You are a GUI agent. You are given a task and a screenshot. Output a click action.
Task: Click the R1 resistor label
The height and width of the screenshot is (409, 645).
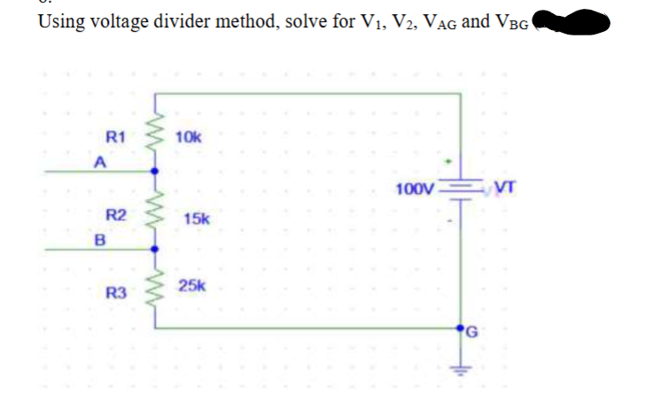pyautogui.click(x=116, y=138)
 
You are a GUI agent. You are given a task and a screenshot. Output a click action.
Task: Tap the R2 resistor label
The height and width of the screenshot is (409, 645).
pyautogui.click(x=116, y=215)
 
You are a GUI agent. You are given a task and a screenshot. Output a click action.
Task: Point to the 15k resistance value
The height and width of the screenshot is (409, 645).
pyautogui.click(x=196, y=218)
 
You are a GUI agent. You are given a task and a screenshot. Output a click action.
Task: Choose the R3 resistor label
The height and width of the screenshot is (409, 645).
pyautogui.click(x=116, y=293)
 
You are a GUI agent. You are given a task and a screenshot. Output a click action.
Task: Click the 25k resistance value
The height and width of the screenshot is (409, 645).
pyautogui.click(x=192, y=285)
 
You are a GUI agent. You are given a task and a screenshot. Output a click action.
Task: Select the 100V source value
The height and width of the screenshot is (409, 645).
pyautogui.click(x=416, y=189)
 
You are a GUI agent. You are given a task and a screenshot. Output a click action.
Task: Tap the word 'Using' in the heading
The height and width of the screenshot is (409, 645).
pyautogui.click(x=60, y=20)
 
